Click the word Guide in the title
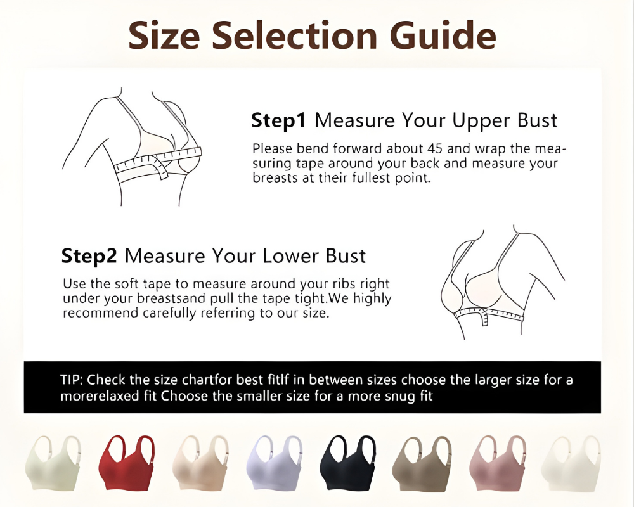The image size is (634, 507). pyautogui.click(x=443, y=35)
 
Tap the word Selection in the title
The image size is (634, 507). pyautogui.click(x=295, y=35)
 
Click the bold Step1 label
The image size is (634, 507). pyautogui.click(x=279, y=120)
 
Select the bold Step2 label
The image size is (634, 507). pyautogui.click(x=89, y=256)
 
